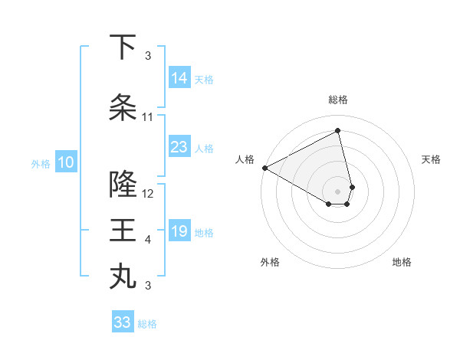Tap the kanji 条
tap(123, 108)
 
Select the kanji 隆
tap(123, 185)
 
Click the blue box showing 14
tap(179, 77)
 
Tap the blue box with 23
tap(179, 147)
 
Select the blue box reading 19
tap(179, 231)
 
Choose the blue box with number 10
tap(66, 162)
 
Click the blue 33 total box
tap(123, 322)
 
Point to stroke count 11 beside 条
tap(148, 117)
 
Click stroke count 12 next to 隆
tap(149, 194)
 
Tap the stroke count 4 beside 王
tap(148, 240)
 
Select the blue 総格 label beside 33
tap(147, 324)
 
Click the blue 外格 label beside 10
tap(41, 163)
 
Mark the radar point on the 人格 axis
tap(264, 167)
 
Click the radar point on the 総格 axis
tap(338, 130)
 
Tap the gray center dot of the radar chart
tap(338, 191)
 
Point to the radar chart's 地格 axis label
tap(402, 262)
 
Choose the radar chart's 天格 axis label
tap(431, 159)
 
